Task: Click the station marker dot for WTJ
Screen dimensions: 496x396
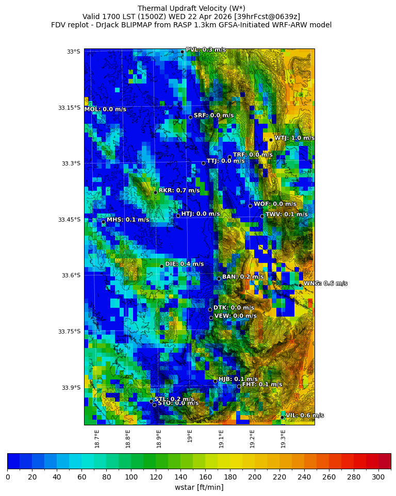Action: [x=271, y=140]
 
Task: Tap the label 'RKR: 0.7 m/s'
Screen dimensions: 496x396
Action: [x=179, y=190]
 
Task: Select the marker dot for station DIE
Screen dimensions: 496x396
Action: [x=161, y=266]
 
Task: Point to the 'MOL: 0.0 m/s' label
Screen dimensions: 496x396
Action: [x=105, y=109]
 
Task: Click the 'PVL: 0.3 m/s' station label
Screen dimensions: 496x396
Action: [x=206, y=49]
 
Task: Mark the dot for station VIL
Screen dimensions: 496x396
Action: [x=282, y=417]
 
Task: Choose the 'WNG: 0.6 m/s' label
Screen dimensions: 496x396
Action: [x=325, y=283]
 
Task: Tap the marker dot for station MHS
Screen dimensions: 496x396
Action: [x=103, y=222]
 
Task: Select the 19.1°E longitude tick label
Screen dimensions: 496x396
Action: [x=221, y=439]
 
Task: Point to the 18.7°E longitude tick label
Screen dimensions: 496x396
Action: [x=97, y=439]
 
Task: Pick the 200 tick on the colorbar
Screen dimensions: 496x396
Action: [x=255, y=476]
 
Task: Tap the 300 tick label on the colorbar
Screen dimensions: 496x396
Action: [x=378, y=476]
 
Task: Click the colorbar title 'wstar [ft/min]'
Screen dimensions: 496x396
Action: [x=199, y=487]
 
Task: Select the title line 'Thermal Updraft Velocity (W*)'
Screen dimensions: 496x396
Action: [x=191, y=8]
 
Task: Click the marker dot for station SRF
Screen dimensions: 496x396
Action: [x=190, y=117]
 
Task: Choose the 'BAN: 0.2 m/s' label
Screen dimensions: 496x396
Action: [x=243, y=277]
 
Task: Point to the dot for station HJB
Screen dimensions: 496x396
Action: [x=215, y=381]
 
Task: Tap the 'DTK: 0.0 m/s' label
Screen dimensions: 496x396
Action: [x=234, y=308]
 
